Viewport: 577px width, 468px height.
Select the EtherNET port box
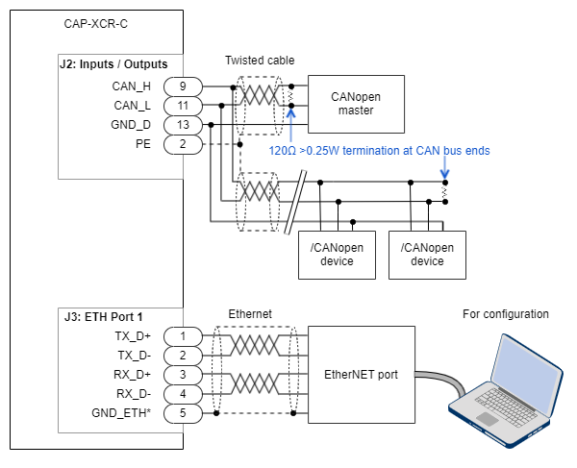pyautogui.click(x=360, y=375)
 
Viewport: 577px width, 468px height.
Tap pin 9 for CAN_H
pyautogui.click(x=182, y=86)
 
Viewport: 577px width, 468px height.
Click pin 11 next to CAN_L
pyautogui.click(x=182, y=105)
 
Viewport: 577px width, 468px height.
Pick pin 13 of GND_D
pyautogui.click(x=182, y=124)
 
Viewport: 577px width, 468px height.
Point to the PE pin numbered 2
pyautogui.click(x=182, y=143)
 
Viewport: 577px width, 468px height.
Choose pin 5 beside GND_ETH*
pyautogui.click(x=182, y=413)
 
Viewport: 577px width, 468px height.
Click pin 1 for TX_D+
pyautogui.click(x=182, y=336)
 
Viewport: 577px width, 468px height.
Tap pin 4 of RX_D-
pyautogui.click(x=182, y=394)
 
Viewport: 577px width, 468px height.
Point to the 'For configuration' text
pyautogui.click(x=506, y=314)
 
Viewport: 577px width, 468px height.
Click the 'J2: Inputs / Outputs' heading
pyautogui.click(x=113, y=64)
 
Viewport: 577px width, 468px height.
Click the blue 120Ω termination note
pyautogui.click(x=380, y=151)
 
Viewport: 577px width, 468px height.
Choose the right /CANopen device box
pyautogui.click(x=427, y=255)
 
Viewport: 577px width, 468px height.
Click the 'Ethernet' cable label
pyautogui.click(x=250, y=314)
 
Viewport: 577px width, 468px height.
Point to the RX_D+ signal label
pyautogui.click(x=133, y=375)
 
